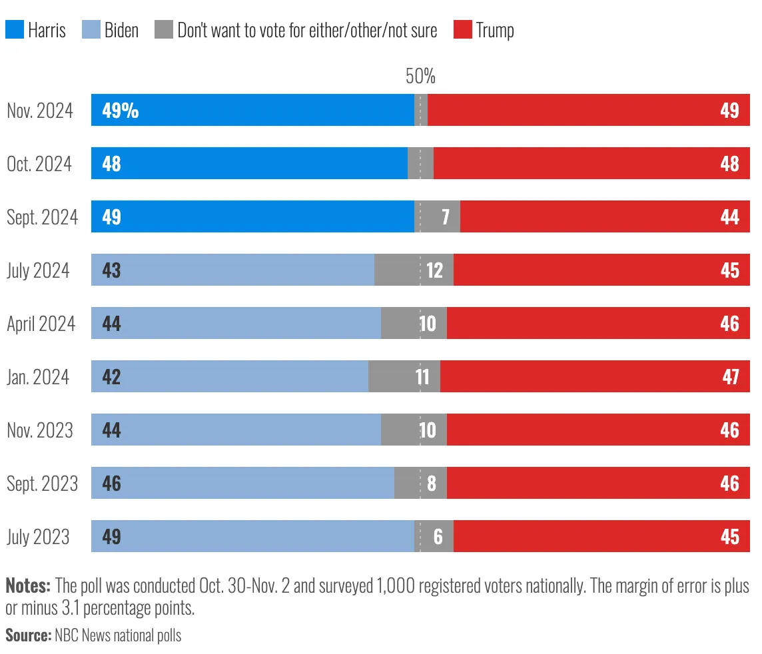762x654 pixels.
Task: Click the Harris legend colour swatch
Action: pyautogui.click(x=14, y=29)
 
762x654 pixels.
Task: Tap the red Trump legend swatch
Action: pyautogui.click(x=463, y=29)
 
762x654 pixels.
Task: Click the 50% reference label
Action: pyautogui.click(x=420, y=77)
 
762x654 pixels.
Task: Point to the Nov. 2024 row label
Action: pyautogui.click(x=40, y=111)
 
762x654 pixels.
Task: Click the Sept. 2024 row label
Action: pyautogui.click(x=42, y=217)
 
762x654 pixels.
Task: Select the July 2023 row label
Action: pyautogui.click(x=38, y=537)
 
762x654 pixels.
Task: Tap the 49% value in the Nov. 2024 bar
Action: pyautogui.click(x=121, y=111)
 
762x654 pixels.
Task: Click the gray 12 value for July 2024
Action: pyautogui.click(x=434, y=270)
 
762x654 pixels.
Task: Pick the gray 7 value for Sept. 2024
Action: pyautogui.click(x=444, y=217)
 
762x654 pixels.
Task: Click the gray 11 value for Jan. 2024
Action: pyautogui.click(x=422, y=377)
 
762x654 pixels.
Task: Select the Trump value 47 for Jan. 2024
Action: pyautogui.click(x=730, y=377)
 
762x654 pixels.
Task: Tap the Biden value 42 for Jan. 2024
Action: pyautogui.click(x=111, y=377)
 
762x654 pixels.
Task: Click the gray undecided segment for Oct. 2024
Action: pyautogui.click(x=420, y=163)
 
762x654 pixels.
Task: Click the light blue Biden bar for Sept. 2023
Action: pyautogui.click(x=253, y=483)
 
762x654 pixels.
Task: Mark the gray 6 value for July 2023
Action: pyautogui.click(x=438, y=537)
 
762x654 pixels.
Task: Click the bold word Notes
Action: pyautogui.click(x=28, y=586)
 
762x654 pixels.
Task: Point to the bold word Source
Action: pyautogui.click(x=28, y=635)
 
